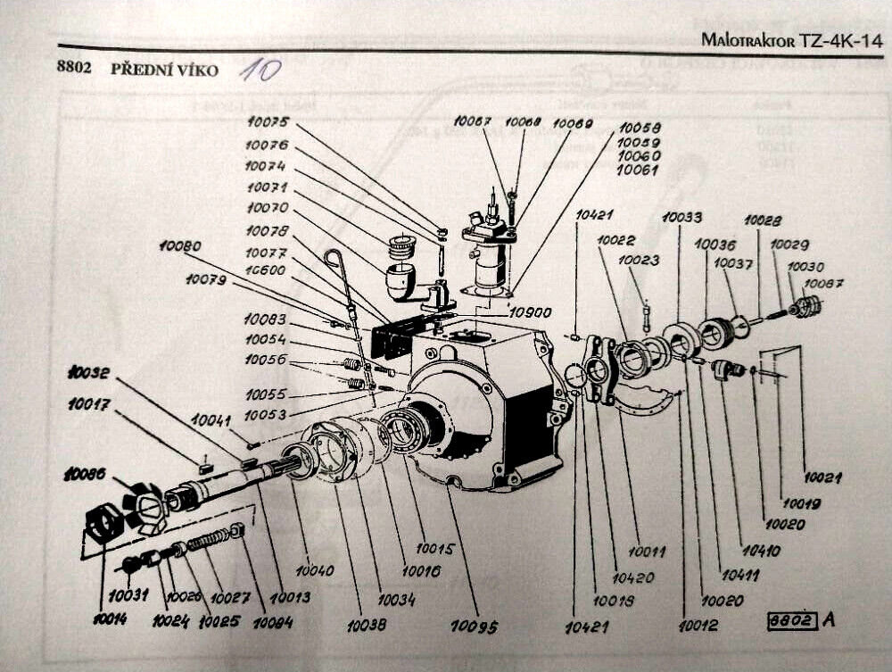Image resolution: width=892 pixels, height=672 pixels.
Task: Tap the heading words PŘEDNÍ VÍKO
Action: click(164, 70)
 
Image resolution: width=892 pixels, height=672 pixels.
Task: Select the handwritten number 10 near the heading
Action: click(260, 71)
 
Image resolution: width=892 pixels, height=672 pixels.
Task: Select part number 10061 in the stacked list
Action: click(638, 169)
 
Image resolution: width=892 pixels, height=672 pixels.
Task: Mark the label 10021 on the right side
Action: click(822, 477)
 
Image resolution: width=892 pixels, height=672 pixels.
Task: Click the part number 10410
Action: click(760, 551)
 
